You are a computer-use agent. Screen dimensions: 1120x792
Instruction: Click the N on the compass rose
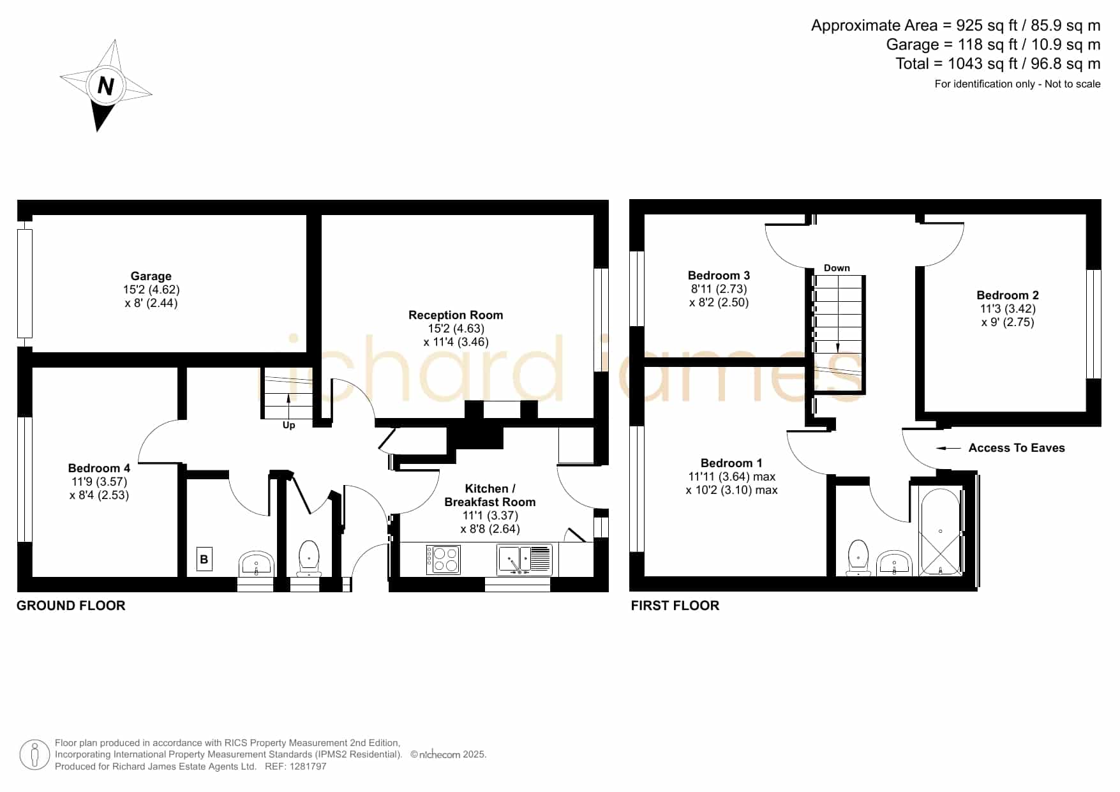click(x=106, y=85)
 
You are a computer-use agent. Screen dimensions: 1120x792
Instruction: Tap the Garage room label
click(x=151, y=276)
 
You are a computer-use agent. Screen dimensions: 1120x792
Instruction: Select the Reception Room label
click(x=456, y=315)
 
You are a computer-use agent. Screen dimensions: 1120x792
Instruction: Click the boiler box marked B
click(x=204, y=559)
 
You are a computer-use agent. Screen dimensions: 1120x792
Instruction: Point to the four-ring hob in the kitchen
click(x=443, y=559)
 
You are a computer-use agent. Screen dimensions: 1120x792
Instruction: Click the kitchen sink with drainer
click(x=524, y=559)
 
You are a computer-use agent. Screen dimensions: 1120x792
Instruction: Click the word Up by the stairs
click(x=288, y=425)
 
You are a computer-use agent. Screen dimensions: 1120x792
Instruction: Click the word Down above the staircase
click(x=837, y=268)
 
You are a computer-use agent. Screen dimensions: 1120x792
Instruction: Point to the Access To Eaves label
click(x=1017, y=448)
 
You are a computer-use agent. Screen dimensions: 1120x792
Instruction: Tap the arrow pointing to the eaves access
click(x=948, y=448)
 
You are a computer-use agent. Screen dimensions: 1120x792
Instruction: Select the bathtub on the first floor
click(x=940, y=532)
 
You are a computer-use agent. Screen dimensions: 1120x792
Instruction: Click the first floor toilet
click(x=859, y=558)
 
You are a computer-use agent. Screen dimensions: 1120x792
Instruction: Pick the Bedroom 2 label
click(x=1008, y=295)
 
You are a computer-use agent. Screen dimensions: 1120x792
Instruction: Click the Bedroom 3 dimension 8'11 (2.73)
click(x=719, y=289)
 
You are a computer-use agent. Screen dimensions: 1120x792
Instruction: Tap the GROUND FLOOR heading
click(x=71, y=606)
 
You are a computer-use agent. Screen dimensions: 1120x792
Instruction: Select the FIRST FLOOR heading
click(x=675, y=606)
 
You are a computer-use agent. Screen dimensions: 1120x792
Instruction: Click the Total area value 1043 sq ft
click(x=983, y=64)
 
